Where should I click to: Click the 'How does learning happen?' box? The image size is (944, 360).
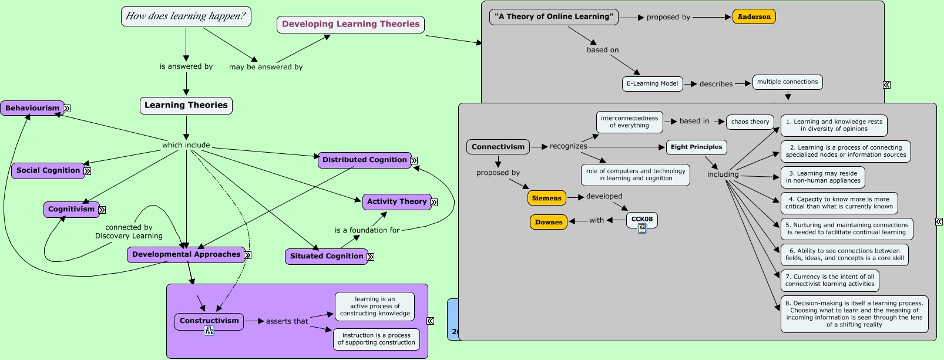(x=186, y=16)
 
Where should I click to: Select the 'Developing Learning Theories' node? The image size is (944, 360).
(x=351, y=25)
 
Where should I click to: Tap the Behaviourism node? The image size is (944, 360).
(x=32, y=108)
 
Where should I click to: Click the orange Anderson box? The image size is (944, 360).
(x=754, y=17)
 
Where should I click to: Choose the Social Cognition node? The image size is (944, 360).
(x=48, y=170)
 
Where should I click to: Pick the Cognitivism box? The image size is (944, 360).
(x=71, y=209)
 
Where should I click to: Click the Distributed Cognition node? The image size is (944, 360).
(x=364, y=160)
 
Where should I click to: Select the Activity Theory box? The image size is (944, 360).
(x=397, y=201)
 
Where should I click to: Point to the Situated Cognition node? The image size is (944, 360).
(x=326, y=256)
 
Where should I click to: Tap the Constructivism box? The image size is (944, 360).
(x=209, y=321)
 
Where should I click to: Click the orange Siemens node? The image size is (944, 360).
(x=546, y=198)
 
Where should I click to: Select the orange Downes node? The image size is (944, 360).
(x=549, y=222)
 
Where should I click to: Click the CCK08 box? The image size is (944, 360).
(x=641, y=219)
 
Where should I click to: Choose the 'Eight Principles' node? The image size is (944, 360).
(x=696, y=147)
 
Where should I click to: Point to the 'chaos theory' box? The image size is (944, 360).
(x=750, y=122)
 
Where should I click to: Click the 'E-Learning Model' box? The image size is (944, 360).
(x=652, y=83)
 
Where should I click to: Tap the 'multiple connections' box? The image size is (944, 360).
(x=787, y=82)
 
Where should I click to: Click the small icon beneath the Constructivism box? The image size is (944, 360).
(x=209, y=331)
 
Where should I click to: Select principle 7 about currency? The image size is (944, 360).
(x=829, y=280)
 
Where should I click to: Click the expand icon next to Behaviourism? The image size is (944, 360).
(x=67, y=108)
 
